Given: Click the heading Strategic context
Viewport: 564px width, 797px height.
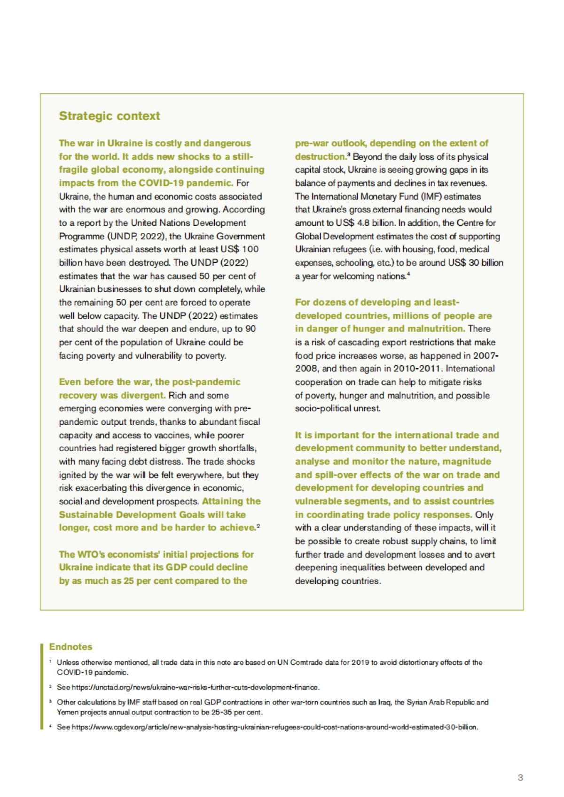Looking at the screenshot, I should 109,116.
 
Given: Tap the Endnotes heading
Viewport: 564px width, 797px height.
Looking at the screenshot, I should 70,647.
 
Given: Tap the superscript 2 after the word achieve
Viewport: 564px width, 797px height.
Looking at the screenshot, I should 259,525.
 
